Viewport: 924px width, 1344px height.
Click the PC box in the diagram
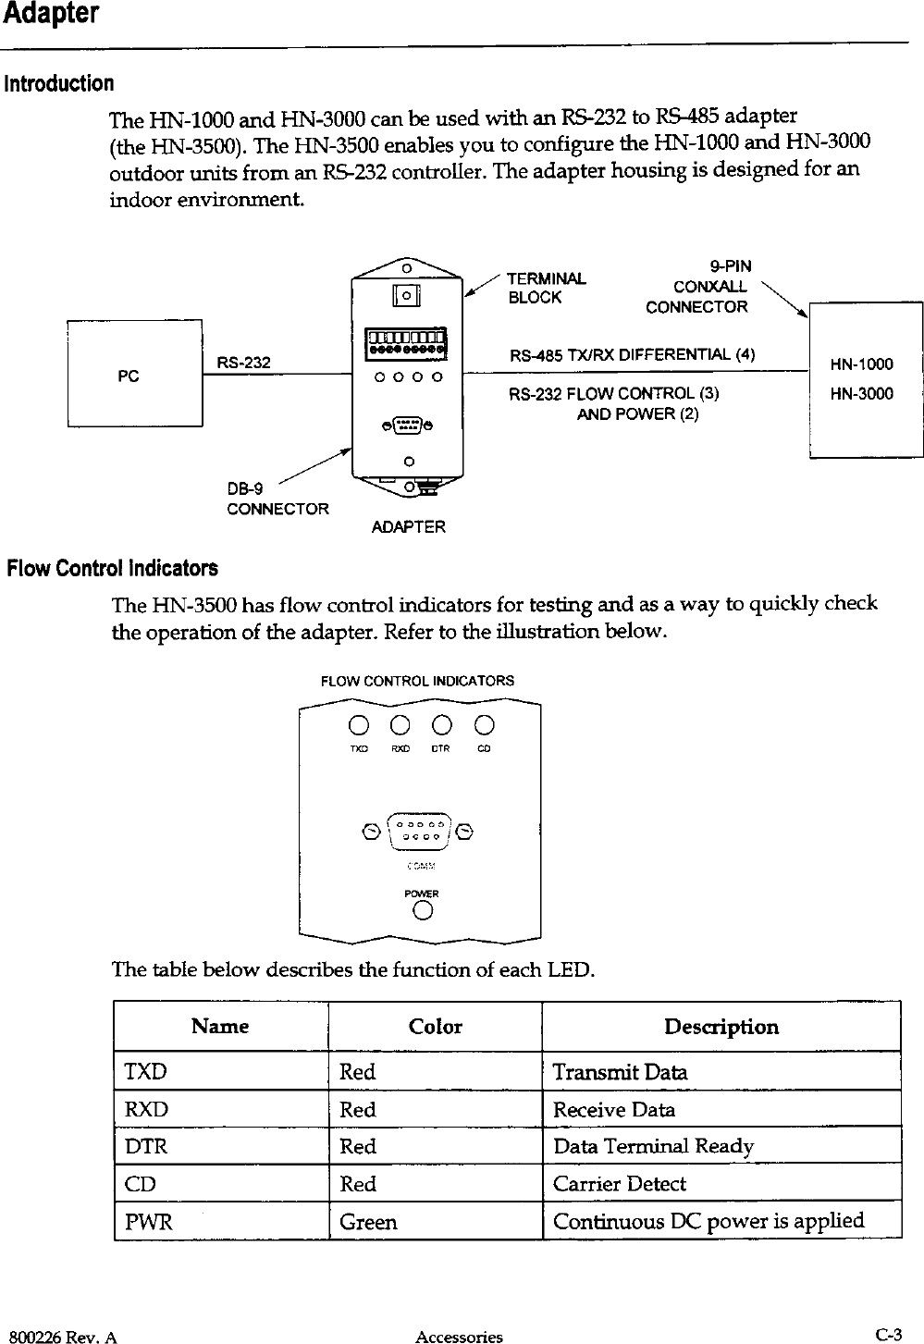tap(134, 373)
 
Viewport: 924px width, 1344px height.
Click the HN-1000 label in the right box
tap(861, 364)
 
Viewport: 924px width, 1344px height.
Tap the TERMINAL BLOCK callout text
tap(547, 288)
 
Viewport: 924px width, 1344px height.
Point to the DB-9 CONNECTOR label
tap(277, 499)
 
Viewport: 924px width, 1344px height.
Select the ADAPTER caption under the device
tap(408, 527)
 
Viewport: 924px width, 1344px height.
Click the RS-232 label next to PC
tap(243, 363)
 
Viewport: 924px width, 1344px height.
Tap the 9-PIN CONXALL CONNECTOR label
tap(702, 287)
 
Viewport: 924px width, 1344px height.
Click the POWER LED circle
tap(423, 911)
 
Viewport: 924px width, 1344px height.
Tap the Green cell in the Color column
tap(368, 1222)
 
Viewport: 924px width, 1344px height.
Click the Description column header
tap(721, 1027)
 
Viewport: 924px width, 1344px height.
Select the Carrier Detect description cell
tap(620, 1184)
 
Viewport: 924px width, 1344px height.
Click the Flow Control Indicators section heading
tap(113, 567)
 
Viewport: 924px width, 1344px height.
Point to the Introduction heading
tap(59, 84)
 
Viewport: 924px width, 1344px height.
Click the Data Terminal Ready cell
tap(653, 1147)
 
